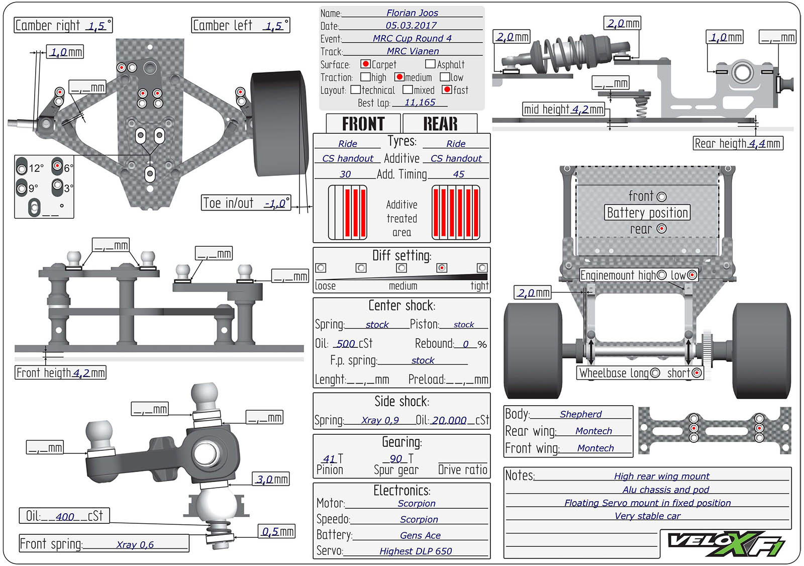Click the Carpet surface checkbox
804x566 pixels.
point(365,64)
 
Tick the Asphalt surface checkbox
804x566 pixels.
point(430,64)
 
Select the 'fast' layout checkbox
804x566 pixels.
point(447,89)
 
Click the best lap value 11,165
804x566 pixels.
point(420,103)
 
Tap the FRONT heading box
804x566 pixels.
point(363,124)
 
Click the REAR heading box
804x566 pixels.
point(440,124)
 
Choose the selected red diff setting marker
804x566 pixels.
point(442,268)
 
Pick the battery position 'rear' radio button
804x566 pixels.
point(661,229)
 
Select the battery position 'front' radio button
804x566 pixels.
point(661,197)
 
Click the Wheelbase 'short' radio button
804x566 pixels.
point(696,373)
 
